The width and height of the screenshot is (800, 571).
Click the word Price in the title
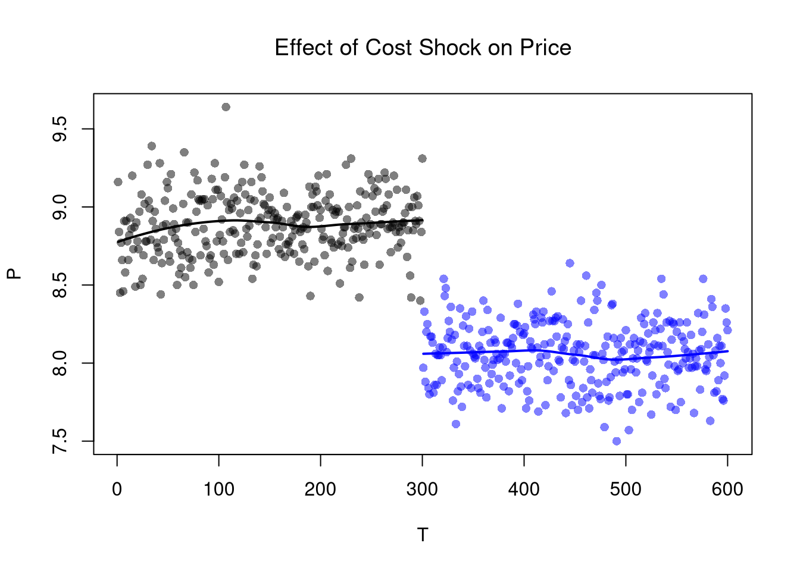pyautogui.click(x=545, y=48)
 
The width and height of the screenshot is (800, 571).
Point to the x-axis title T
pyautogui.click(x=423, y=535)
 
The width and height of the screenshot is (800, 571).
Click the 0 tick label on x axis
pyautogui.click(x=117, y=490)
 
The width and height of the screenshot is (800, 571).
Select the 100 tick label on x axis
pyautogui.click(x=219, y=490)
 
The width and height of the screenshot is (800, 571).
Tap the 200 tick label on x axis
pyautogui.click(x=321, y=490)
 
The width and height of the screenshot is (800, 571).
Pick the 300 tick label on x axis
pyautogui.click(x=423, y=490)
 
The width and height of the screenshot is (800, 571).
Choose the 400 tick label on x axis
pyautogui.click(x=524, y=490)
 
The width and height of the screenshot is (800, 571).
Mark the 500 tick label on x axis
pyautogui.click(x=626, y=490)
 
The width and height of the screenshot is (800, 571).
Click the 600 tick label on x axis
pyautogui.click(x=727, y=490)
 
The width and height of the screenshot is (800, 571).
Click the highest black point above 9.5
pyautogui.click(x=226, y=107)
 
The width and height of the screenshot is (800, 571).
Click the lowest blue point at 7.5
pyautogui.click(x=617, y=441)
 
